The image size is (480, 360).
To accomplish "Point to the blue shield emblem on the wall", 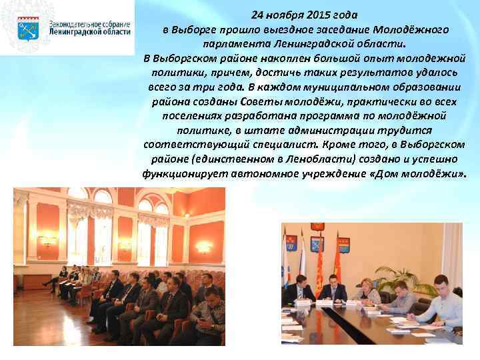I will click(291, 243).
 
